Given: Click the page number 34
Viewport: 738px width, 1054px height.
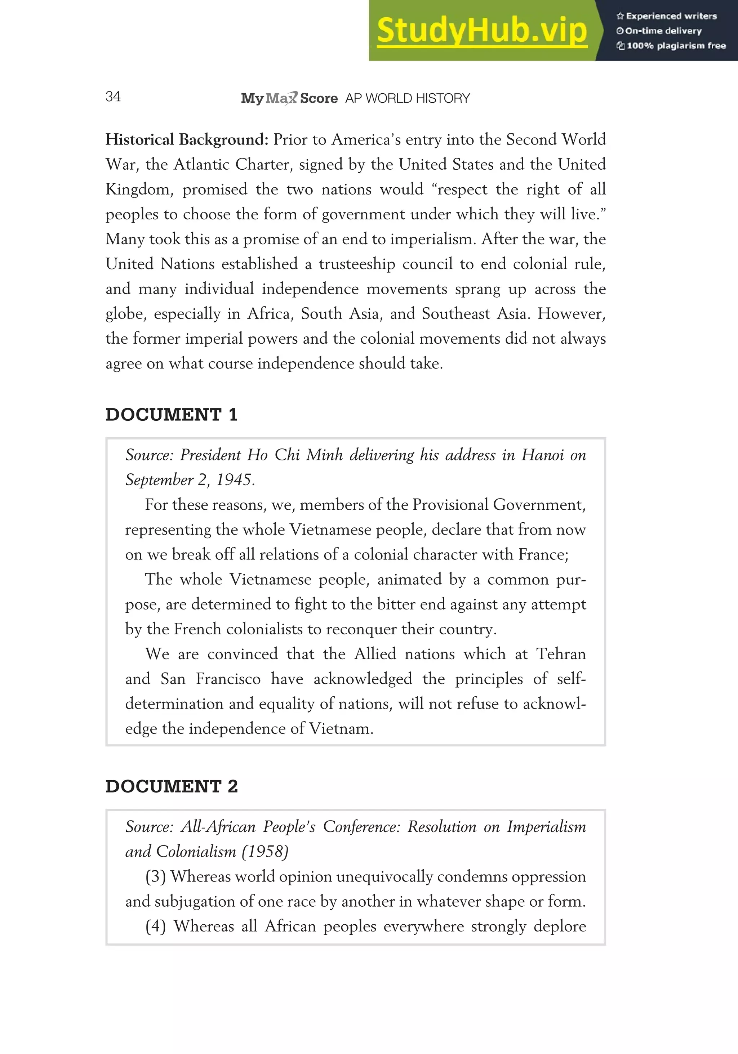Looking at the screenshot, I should [x=113, y=97].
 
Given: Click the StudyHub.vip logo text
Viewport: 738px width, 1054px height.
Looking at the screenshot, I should [x=482, y=31].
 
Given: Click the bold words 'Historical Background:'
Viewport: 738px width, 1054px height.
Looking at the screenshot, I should [x=186, y=139].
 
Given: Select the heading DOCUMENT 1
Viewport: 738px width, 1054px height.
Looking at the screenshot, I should [x=171, y=415].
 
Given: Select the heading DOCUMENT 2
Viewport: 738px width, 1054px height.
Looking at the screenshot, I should [x=171, y=786].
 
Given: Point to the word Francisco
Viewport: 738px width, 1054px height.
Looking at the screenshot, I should [x=228, y=679].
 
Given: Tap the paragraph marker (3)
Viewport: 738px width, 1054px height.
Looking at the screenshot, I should [x=155, y=876].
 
